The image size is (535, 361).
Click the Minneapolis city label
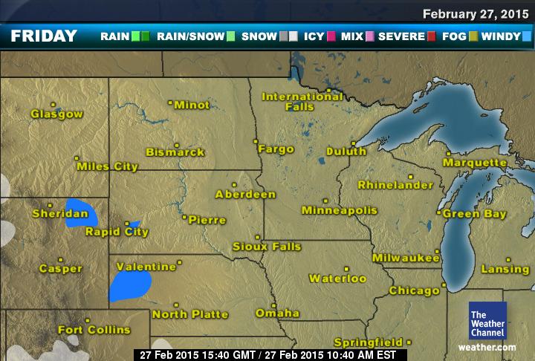[340, 211]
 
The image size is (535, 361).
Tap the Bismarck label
[175, 152]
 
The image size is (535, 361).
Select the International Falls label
[302, 102]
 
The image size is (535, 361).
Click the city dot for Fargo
[255, 140]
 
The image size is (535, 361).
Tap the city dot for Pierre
[184, 217]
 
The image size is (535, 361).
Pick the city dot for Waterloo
[346, 269]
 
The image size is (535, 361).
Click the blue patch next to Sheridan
[77, 212]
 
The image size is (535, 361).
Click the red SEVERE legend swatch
[431, 36]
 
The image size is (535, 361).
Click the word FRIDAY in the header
[45, 36]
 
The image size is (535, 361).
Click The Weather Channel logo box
[487, 321]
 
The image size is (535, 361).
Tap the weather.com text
[487, 347]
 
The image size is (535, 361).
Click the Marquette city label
[476, 162]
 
